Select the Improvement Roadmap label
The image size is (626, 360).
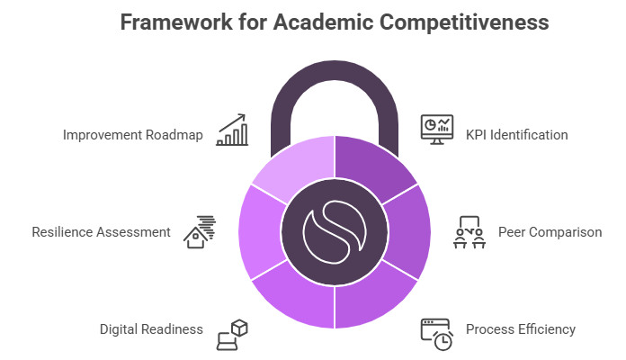coord(133,135)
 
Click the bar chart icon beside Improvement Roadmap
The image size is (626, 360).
coord(231,130)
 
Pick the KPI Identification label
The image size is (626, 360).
coord(516,135)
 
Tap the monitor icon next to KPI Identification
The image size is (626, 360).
coord(437,130)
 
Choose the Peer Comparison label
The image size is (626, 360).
coord(550,232)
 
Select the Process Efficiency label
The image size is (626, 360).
coord(520,328)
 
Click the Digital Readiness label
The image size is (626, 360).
coord(151,328)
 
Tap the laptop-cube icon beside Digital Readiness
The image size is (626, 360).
coord(232,333)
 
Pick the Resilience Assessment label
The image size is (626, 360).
coord(101,232)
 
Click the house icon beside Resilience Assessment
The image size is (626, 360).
coord(200,231)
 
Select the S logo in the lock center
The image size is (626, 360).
coord(334,232)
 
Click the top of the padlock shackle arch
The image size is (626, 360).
coord(334,75)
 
